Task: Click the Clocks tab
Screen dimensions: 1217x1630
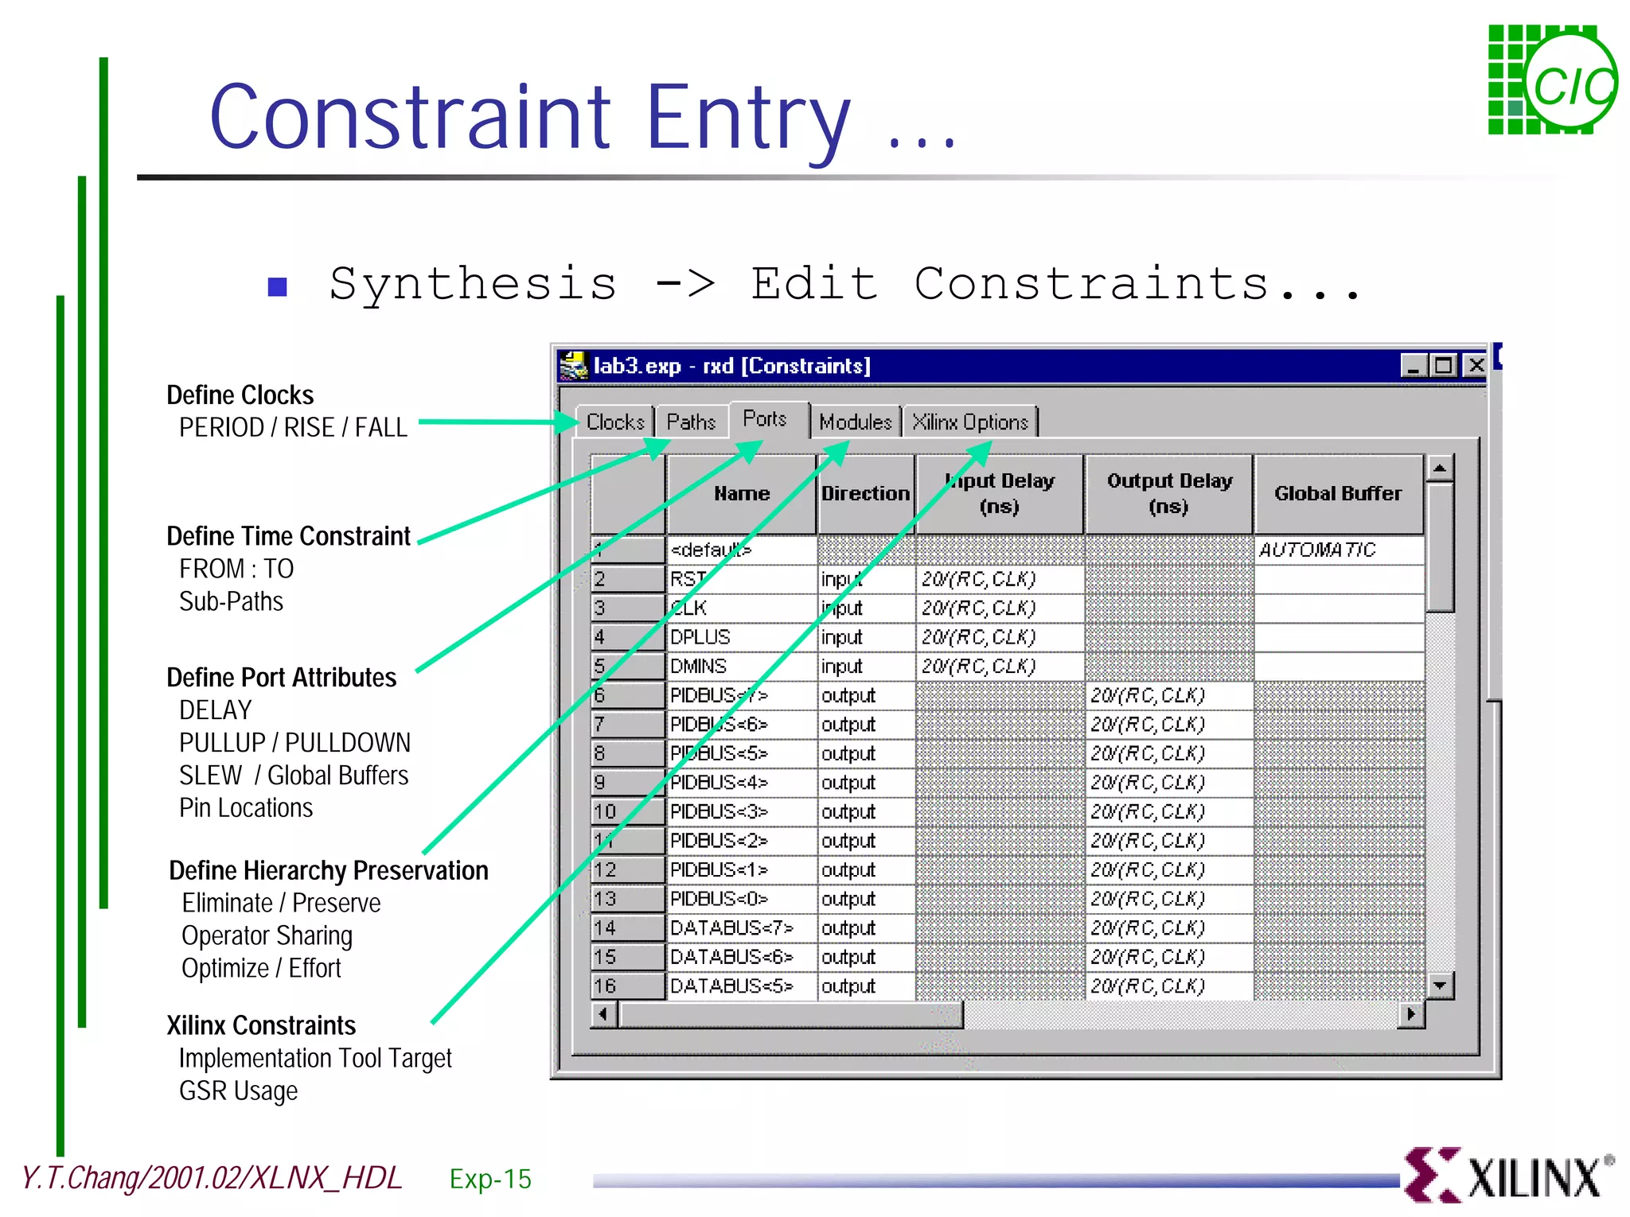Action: point(614,422)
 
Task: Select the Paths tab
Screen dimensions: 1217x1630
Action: point(691,422)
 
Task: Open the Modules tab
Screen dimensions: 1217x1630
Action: point(856,422)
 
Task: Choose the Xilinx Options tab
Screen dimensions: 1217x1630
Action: point(970,422)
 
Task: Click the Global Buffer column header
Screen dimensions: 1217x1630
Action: point(1338,494)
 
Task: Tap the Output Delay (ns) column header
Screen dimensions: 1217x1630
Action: point(1168,494)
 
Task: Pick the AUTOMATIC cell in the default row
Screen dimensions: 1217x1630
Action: point(1338,550)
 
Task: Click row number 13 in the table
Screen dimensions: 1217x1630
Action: point(627,899)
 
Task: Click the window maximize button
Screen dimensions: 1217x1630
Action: point(1443,365)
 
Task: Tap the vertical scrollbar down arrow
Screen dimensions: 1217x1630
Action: point(1440,986)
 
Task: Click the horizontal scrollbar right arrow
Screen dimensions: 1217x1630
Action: point(1411,1014)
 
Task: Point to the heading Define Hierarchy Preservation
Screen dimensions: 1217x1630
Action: point(328,871)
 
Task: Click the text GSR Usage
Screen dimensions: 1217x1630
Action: point(238,1091)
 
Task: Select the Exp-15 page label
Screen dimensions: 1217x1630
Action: point(490,1179)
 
